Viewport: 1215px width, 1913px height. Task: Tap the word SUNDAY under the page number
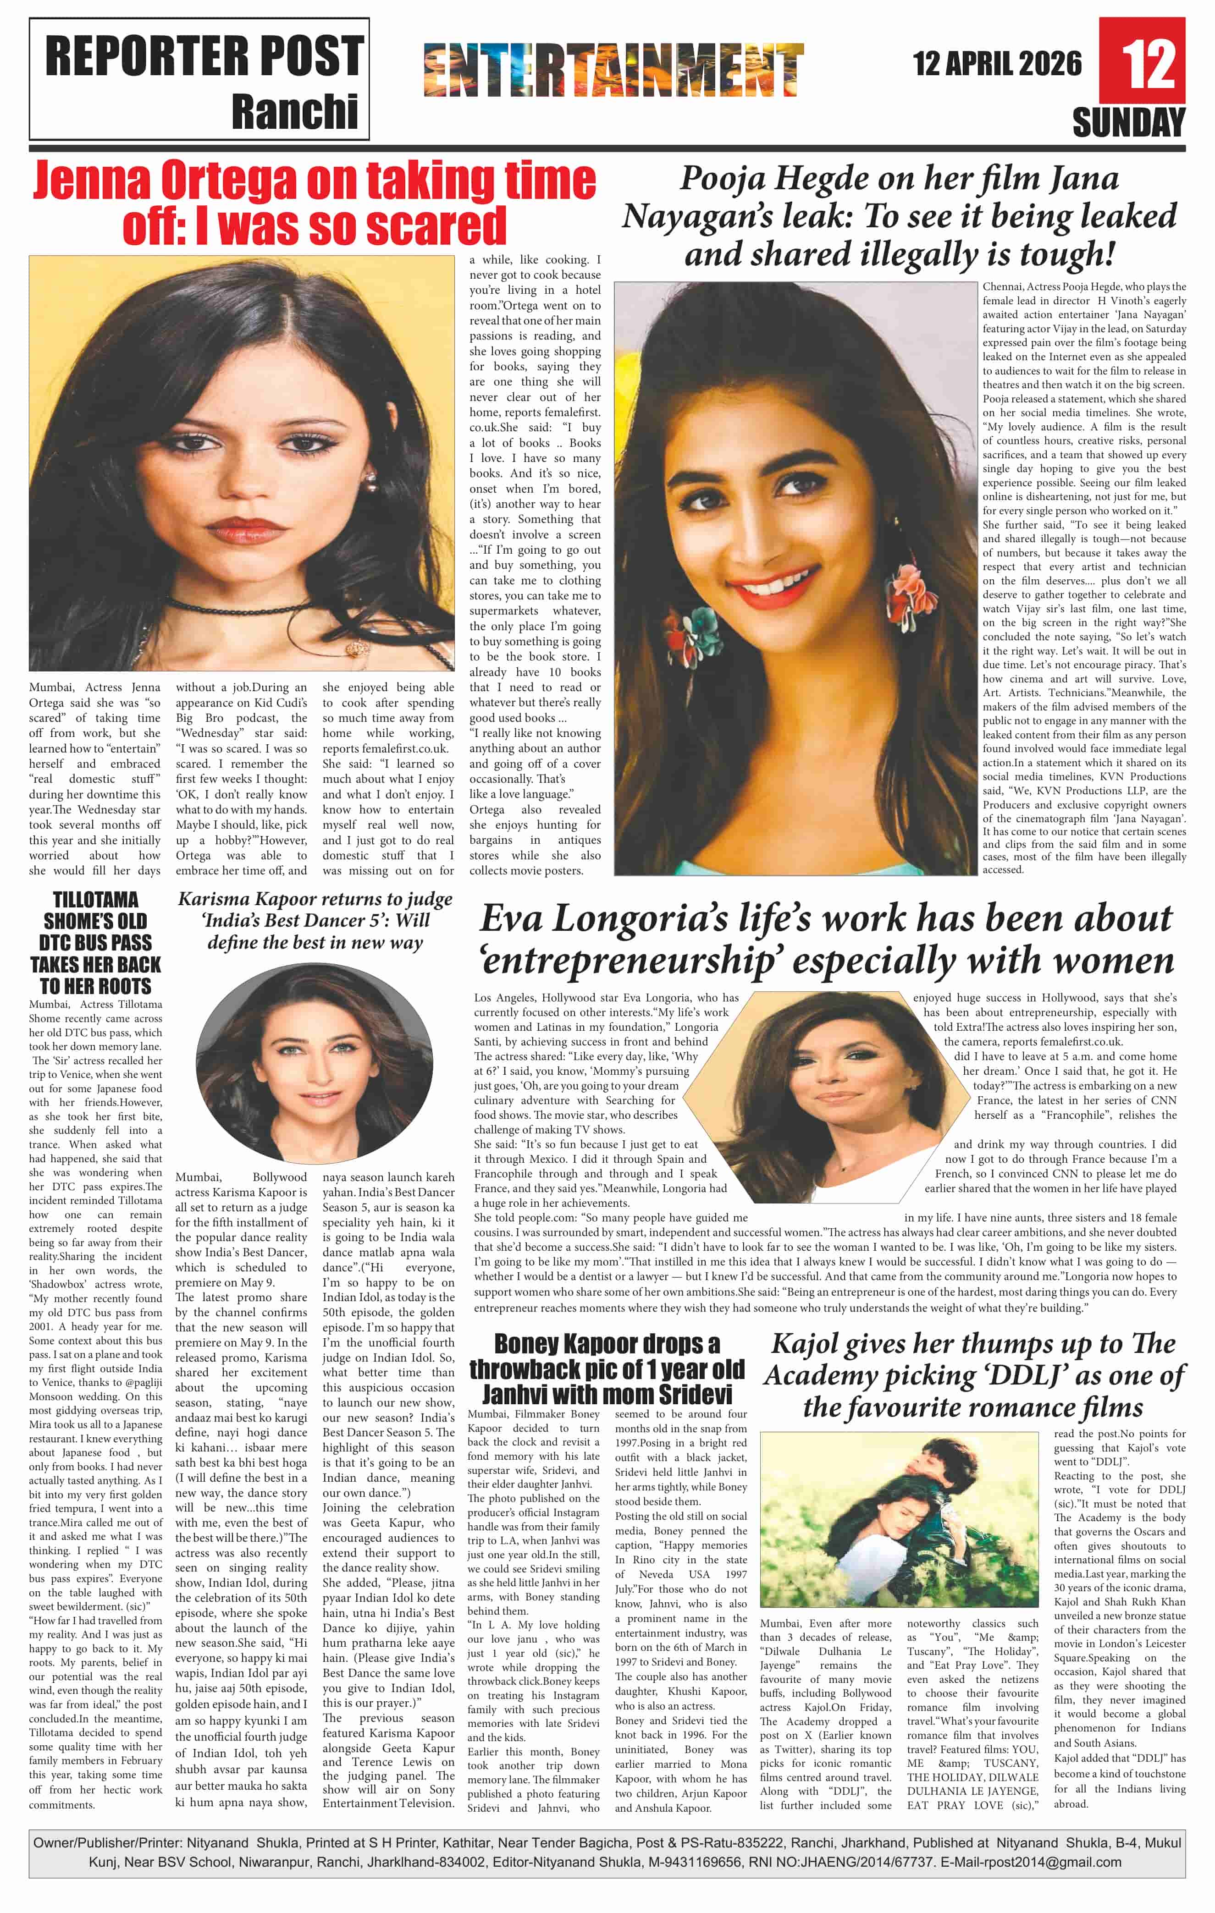click(1128, 123)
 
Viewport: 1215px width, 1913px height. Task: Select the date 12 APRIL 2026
click(997, 64)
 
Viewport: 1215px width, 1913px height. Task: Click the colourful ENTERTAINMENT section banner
click(613, 70)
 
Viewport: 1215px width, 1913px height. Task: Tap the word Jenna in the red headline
click(94, 181)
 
